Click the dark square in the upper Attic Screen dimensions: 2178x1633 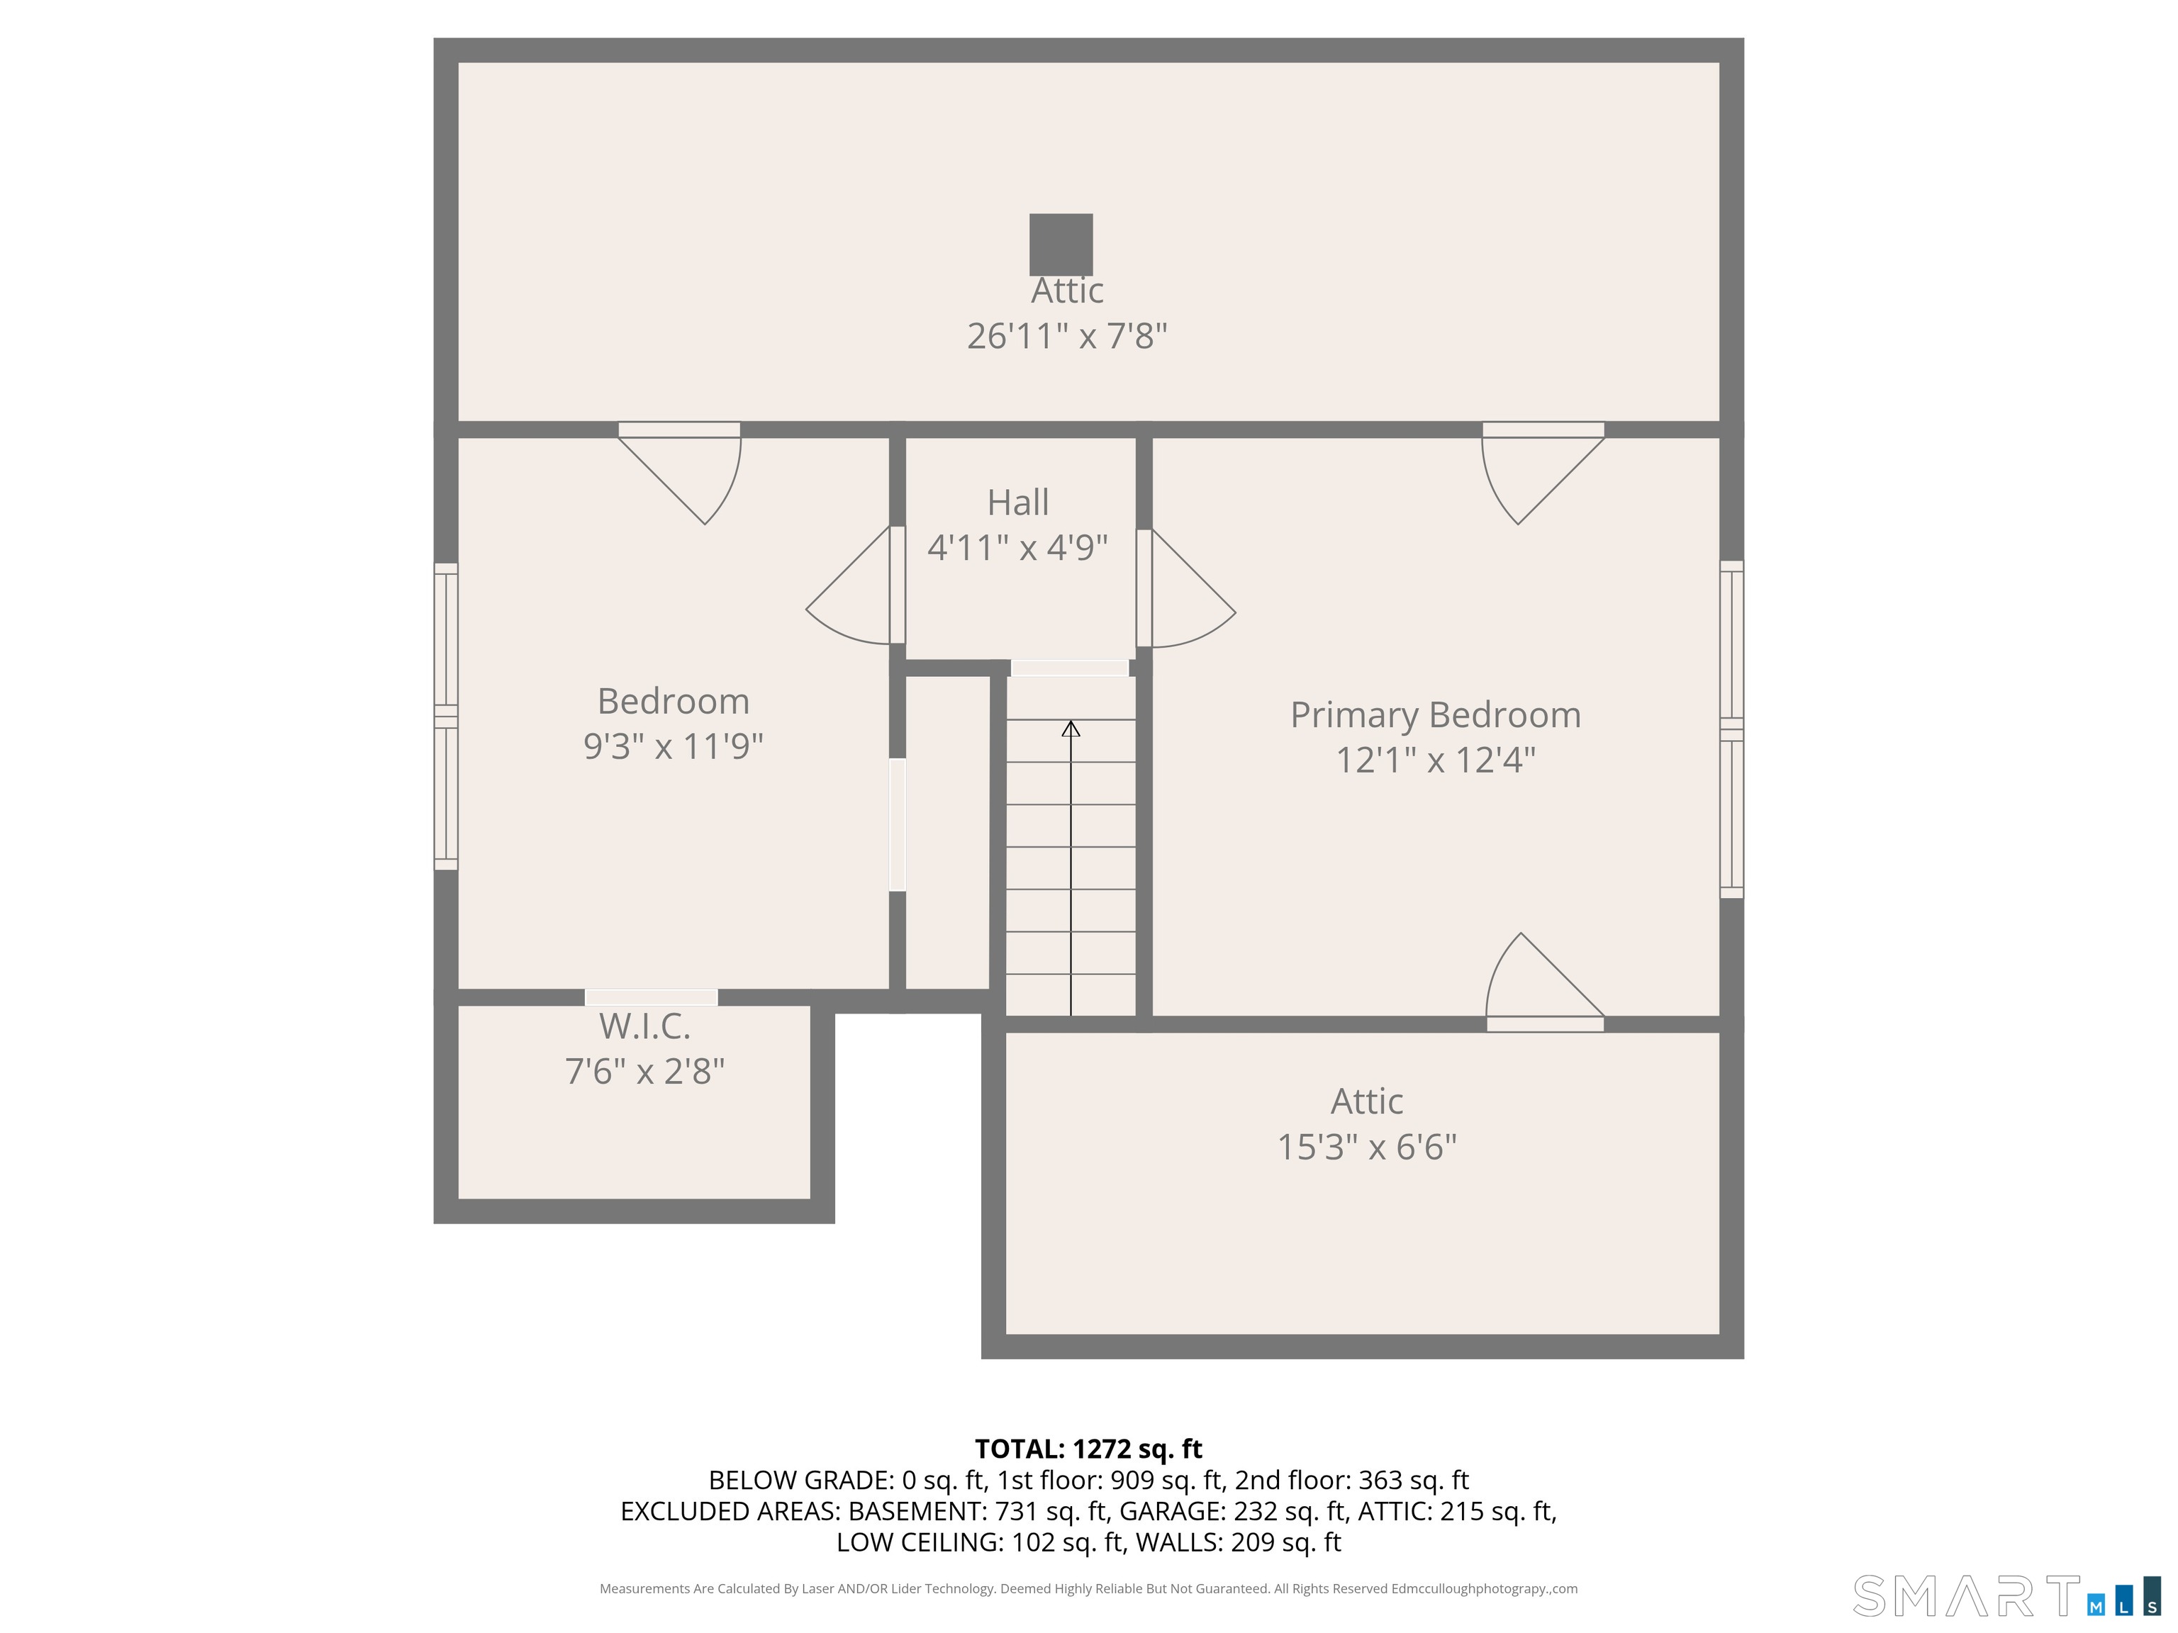point(1061,244)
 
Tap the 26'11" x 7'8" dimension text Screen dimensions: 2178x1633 point(1066,337)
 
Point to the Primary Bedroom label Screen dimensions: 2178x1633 point(1436,716)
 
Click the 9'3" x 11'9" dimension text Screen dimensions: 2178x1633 point(674,746)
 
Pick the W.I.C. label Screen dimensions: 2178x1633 point(645,1027)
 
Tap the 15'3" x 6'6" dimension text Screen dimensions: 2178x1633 point(1367,1147)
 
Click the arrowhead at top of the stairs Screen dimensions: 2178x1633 point(1071,729)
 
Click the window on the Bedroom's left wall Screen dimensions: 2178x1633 point(446,717)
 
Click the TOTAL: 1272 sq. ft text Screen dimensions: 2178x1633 point(1088,1449)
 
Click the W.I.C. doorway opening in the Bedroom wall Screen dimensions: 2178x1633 point(652,997)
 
